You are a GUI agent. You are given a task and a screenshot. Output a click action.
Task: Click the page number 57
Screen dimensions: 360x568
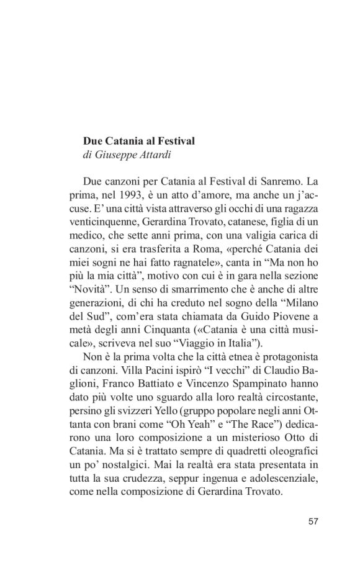pyautogui.click(x=313, y=520)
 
